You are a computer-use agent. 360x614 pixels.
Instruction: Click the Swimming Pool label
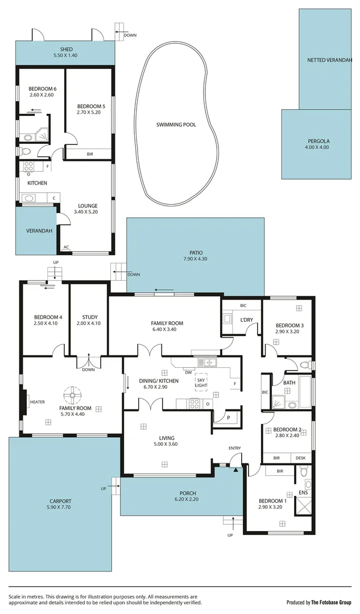[176, 125]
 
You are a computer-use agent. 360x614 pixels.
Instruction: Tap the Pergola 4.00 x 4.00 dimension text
[317, 147]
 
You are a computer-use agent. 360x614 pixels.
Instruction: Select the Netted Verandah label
[326, 60]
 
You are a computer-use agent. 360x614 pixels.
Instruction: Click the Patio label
[196, 253]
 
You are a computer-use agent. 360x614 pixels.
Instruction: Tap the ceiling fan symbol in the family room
[72, 393]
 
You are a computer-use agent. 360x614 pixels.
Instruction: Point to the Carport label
[60, 501]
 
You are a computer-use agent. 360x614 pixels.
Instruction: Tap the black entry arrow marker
[235, 469]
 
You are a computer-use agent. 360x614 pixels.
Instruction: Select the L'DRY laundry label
[246, 320]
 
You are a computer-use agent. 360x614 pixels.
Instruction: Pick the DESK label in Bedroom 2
[301, 458]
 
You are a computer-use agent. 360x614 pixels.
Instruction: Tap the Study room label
[90, 317]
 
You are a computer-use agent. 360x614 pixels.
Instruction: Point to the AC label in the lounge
[67, 247]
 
